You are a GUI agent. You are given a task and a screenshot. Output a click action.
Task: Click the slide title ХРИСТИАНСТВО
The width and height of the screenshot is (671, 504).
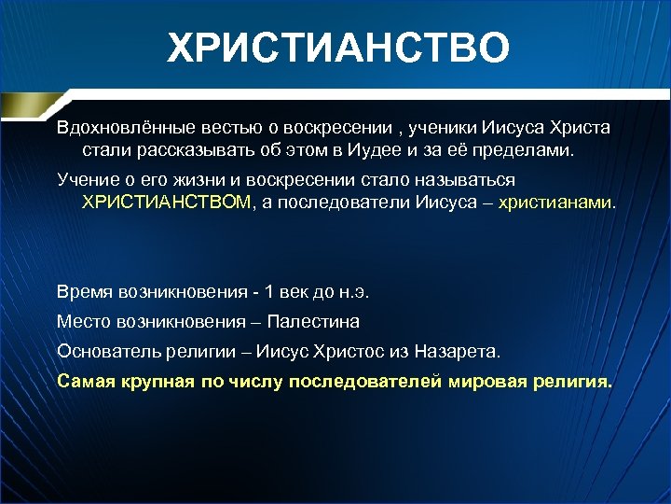(x=339, y=47)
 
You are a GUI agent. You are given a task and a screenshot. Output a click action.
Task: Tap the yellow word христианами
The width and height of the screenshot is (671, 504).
(x=556, y=201)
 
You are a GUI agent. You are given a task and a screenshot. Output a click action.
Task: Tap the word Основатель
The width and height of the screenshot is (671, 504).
(x=108, y=351)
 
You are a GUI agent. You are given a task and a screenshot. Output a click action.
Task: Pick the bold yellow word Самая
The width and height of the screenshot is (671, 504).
(x=85, y=381)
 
